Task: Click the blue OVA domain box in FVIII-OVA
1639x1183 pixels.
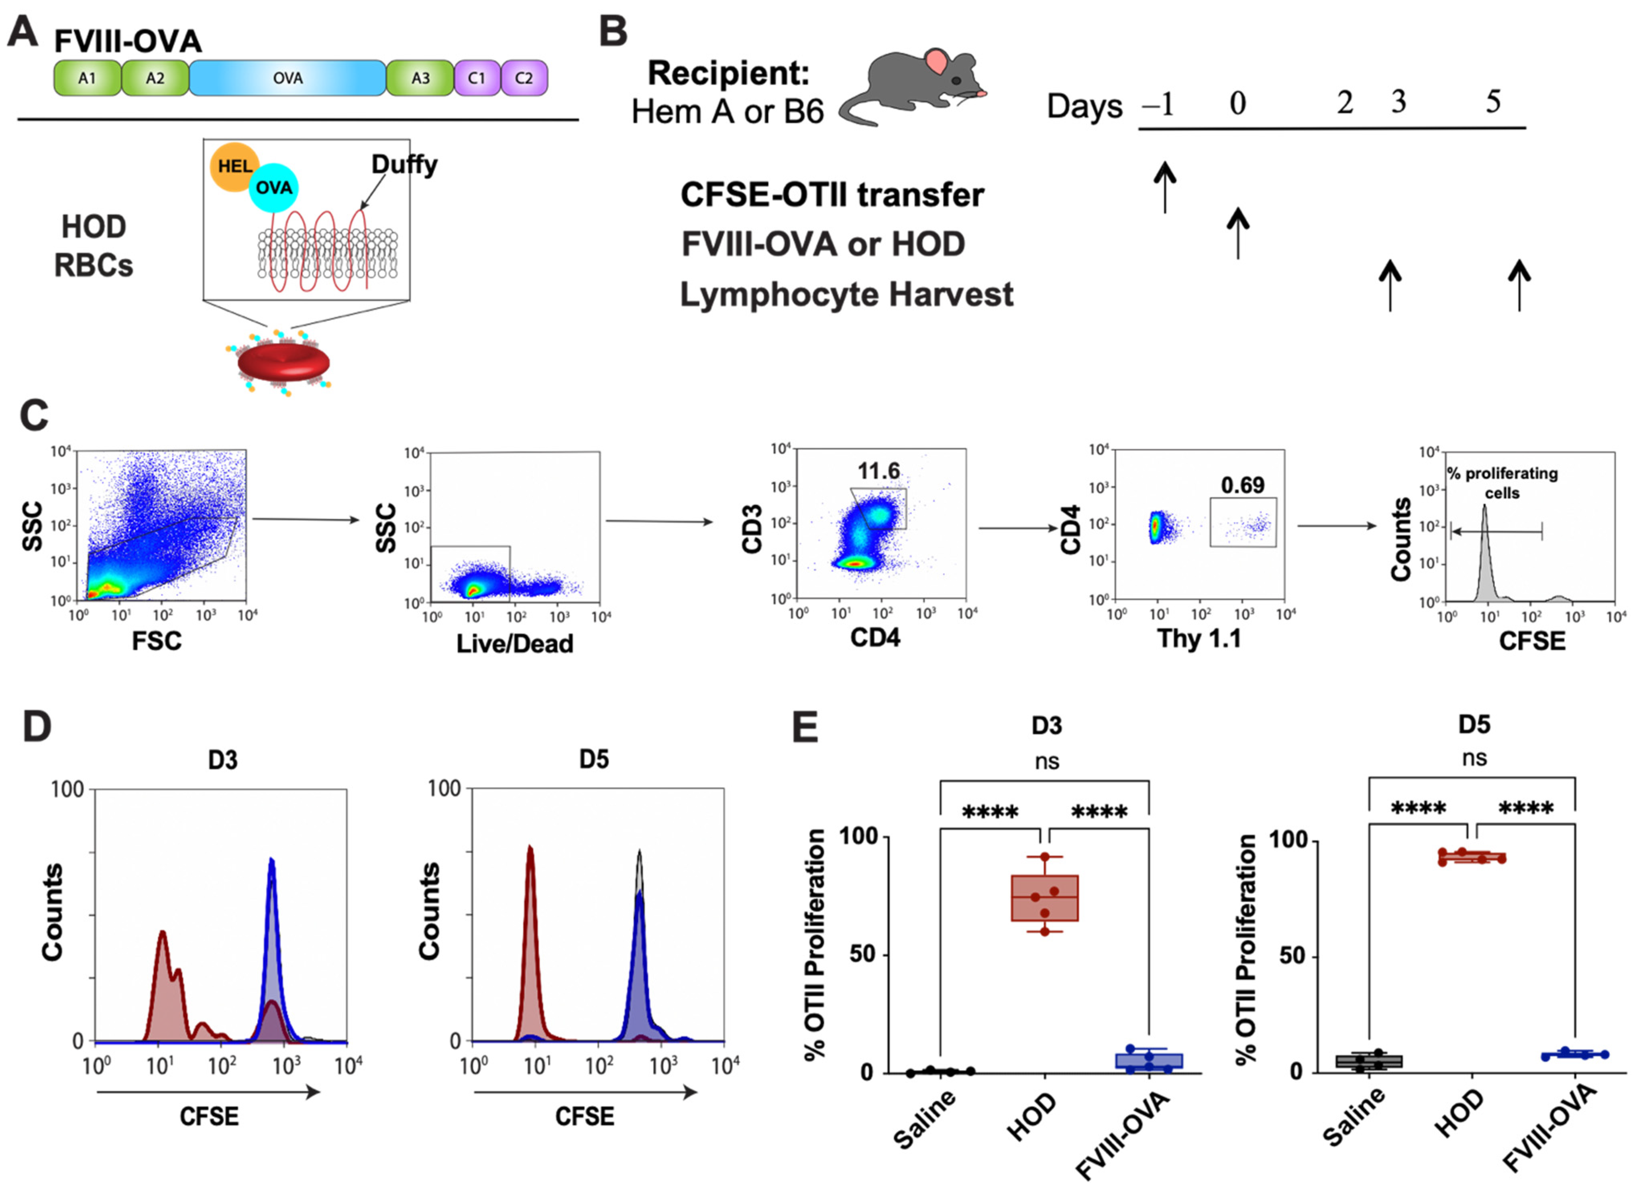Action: (x=287, y=78)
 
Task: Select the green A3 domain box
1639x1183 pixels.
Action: (x=420, y=78)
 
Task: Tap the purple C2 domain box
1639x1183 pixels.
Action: (x=524, y=78)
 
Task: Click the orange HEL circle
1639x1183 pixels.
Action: (x=233, y=166)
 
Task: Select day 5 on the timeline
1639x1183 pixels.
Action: (x=1493, y=103)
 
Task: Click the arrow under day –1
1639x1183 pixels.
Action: (x=1164, y=186)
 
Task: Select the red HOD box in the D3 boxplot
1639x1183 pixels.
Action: (x=1044, y=898)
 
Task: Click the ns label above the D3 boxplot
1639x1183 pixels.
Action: (x=1046, y=760)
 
